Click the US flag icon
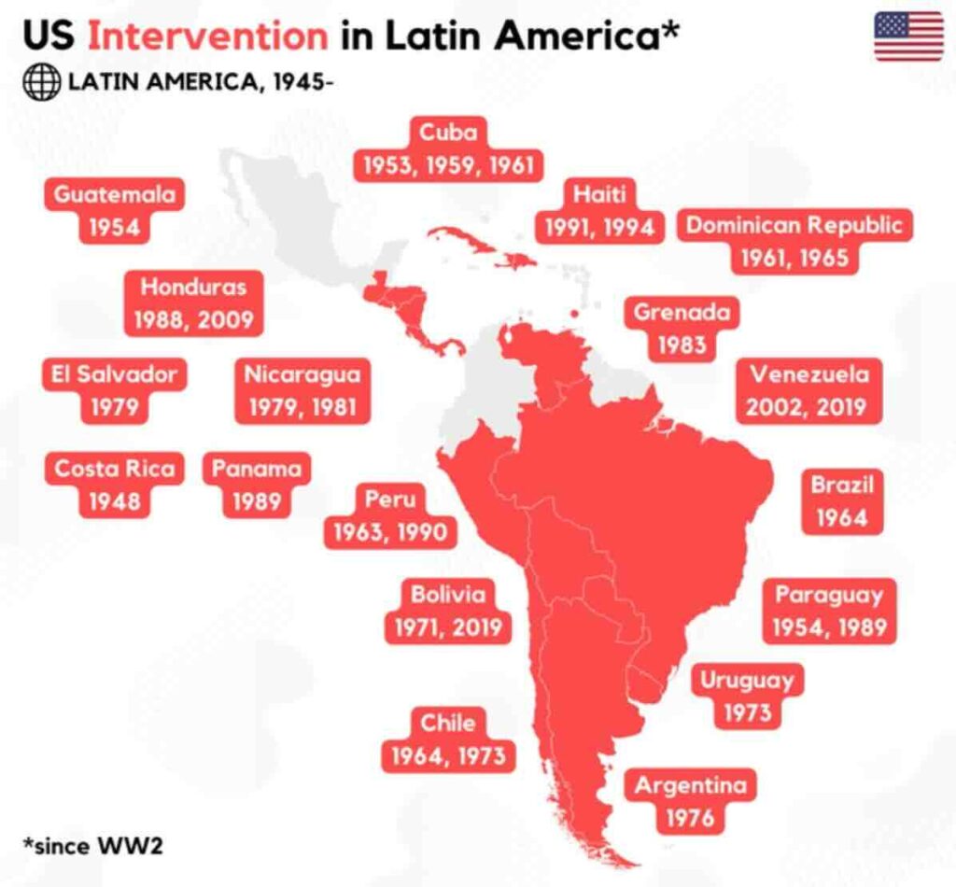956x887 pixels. pos(908,36)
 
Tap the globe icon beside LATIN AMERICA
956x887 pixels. pos(40,82)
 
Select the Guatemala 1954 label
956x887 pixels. pos(114,211)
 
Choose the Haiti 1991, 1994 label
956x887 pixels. pos(599,210)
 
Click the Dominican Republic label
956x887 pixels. pos(794,241)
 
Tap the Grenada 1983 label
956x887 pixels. pos(682,328)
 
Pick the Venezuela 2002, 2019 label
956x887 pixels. pos(809,390)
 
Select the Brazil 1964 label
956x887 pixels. pos(842,501)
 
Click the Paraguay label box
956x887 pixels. pos(829,611)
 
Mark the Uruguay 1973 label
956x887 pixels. pos(747,696)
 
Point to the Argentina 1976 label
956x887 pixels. pos(691,802)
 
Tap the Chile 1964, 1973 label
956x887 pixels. pos(448,739)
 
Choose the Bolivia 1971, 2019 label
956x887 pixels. pos(448,612)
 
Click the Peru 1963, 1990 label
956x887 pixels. pos(390,515)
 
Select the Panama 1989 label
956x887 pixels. pos(257,485)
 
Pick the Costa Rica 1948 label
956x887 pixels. pos(114,485)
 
